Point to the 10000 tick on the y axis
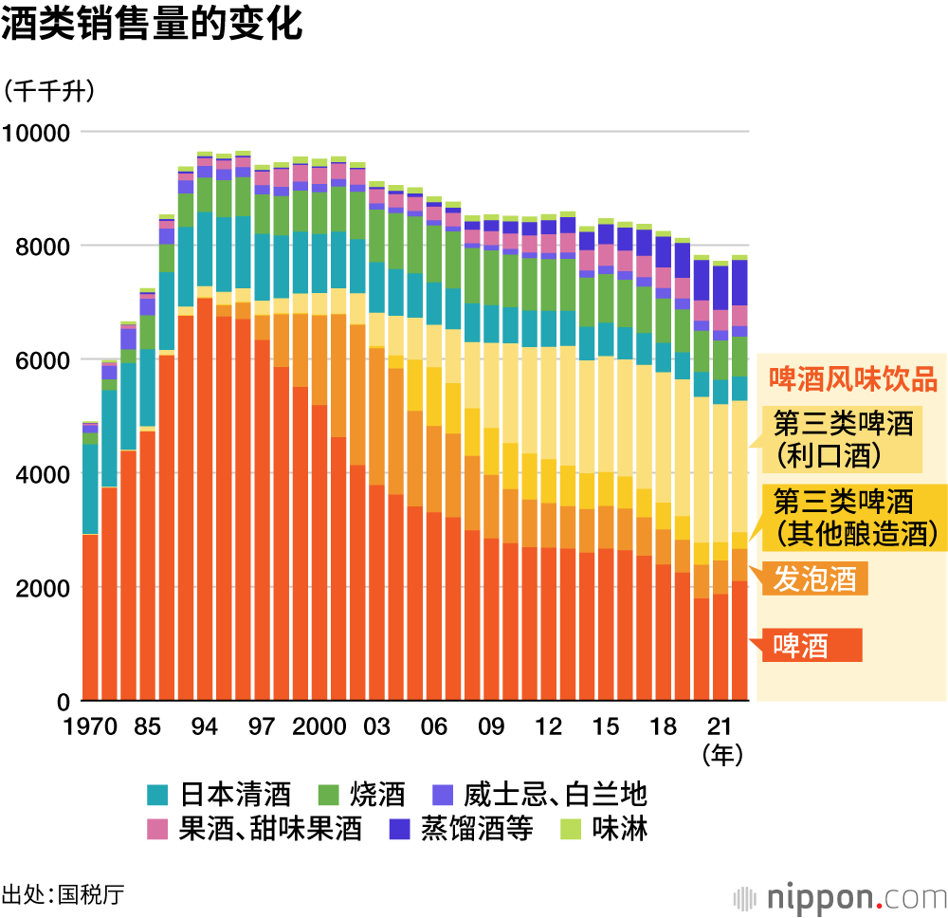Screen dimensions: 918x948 coord(37,133)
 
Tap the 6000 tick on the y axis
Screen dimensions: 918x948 coord(43,360)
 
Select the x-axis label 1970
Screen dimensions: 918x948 coord(91,727)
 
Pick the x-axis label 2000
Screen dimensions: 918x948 coord(318,727)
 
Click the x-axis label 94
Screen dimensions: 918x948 coord(205,727)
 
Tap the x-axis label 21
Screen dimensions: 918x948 coord(720,727)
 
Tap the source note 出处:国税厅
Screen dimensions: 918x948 coord(63,894)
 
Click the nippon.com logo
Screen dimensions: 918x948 coord(839,896)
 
